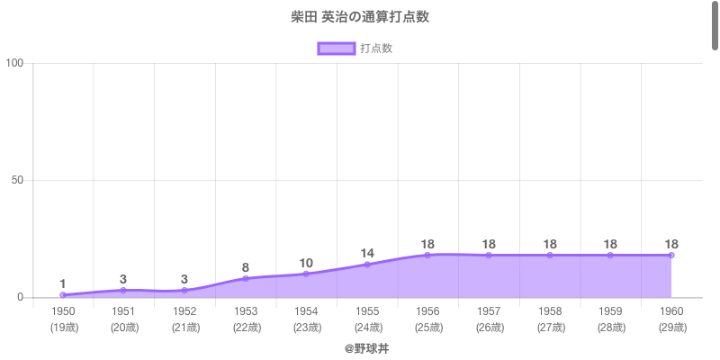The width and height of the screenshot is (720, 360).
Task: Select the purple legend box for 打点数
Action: pos(336,49)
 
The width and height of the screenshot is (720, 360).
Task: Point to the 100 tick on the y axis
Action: pos(15,63)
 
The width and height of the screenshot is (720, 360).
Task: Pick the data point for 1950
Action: pos(63,295)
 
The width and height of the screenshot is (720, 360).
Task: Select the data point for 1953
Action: pos(246,279)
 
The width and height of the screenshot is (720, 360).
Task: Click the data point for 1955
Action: pos(367,265)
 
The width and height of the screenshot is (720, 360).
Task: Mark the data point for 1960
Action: pos(671,256)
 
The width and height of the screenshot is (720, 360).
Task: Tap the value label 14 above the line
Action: pos(367,253)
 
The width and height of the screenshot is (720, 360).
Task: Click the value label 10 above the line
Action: pos(306,263)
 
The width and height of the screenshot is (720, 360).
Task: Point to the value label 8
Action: pos(246,267)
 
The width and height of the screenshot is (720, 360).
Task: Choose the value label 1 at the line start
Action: pos(63,283)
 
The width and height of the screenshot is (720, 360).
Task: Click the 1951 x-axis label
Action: pos(124,311)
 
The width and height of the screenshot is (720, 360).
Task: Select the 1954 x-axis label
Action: pos(306,311)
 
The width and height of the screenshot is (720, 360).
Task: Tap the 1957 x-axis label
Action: pos(489,311)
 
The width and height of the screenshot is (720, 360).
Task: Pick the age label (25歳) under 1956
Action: pos(428,327)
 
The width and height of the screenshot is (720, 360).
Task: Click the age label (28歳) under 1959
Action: pos(610,327)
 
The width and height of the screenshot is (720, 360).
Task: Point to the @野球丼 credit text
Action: pos(366,347)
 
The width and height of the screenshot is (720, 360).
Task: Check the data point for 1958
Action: pos(550,256)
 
